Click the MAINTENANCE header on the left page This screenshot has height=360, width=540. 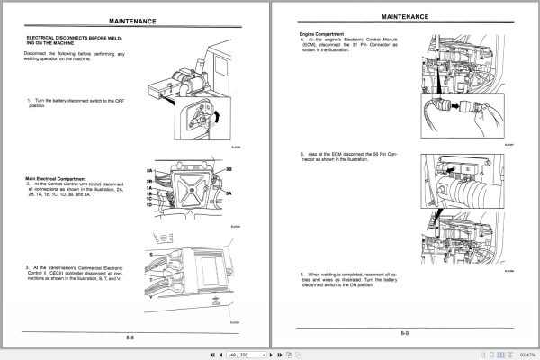tap(133, 17)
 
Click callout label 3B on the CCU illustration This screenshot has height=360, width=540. tap(229, 169)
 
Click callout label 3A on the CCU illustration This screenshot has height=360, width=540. tap(229, 193)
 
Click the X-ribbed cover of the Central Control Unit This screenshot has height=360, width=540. tap(193, 190)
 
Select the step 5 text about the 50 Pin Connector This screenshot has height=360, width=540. tap(337, 157)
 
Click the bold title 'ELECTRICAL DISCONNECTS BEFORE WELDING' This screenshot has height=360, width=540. tap(76, 39)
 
